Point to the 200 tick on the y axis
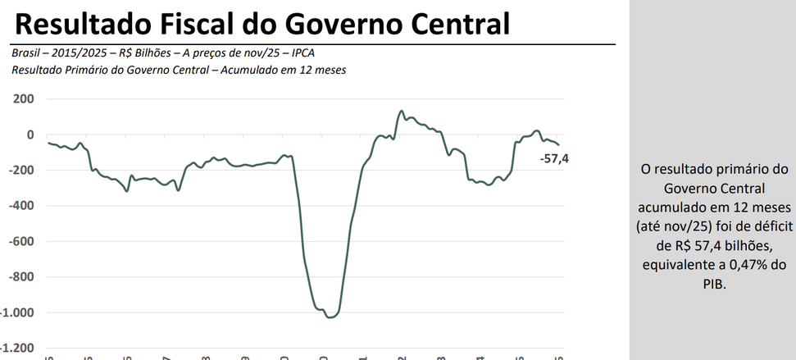pos(23,99)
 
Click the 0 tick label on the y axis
pos(30,134)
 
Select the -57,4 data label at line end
pos(554,158)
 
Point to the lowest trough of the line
pos(329,317)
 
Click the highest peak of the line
pos(401,111)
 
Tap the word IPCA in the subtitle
pos(299,53)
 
